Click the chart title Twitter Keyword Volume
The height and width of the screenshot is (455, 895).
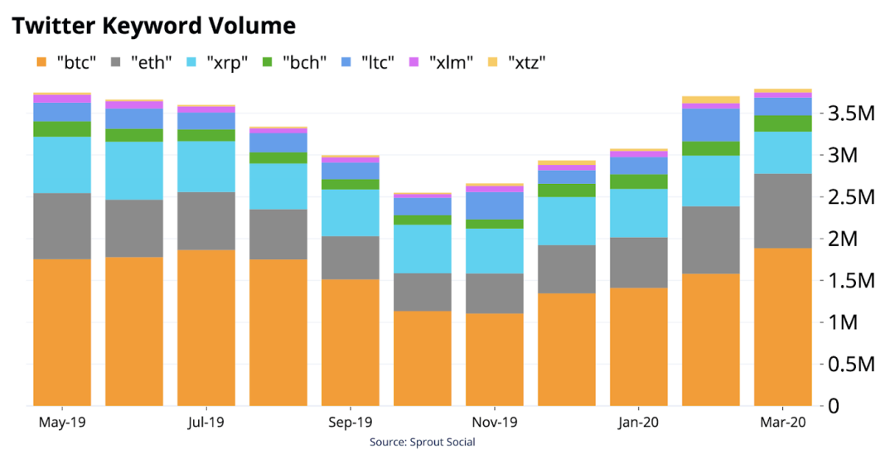153,26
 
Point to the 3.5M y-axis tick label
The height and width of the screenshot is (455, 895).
851,114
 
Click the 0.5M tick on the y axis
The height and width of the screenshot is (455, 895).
851,365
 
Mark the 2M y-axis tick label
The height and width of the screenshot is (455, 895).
851,239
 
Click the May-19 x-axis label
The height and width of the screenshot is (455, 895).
62,423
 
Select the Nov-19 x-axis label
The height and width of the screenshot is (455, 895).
494,423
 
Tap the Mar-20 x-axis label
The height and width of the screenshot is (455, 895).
782,423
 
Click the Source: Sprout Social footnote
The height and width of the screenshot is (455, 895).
422,442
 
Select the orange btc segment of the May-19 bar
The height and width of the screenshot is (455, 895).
62,332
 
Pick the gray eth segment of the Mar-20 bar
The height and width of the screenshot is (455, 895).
782,211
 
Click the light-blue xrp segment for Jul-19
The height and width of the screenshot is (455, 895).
206,167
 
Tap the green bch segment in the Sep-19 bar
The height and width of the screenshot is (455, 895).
350,184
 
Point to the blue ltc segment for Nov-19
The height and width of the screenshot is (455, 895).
494,206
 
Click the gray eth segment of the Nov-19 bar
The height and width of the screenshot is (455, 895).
494,293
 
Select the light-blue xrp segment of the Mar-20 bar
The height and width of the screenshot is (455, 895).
782,152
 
